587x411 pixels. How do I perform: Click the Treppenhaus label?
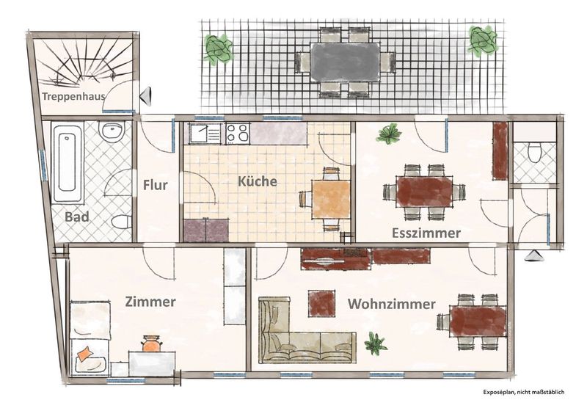[73, 96]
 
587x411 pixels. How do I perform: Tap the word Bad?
[77, 217]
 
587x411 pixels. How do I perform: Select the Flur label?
[156, 184]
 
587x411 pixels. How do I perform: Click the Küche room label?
[258, 181]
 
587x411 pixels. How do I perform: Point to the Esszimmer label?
[426, 233]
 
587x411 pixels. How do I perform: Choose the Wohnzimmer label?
[392, 304]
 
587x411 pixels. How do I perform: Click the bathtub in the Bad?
[67, 164]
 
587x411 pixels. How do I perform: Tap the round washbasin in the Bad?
[112, 131]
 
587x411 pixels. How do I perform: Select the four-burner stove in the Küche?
[237, 133]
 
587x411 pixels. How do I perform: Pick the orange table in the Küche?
[332, 199]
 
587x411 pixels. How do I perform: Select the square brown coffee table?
[321, 304]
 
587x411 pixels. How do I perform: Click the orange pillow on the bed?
[85, 353]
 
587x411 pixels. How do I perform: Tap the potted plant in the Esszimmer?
[390, 134]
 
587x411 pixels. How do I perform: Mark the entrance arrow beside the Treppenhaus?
[145, 96]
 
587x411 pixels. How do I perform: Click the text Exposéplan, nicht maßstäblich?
[523, 392]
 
